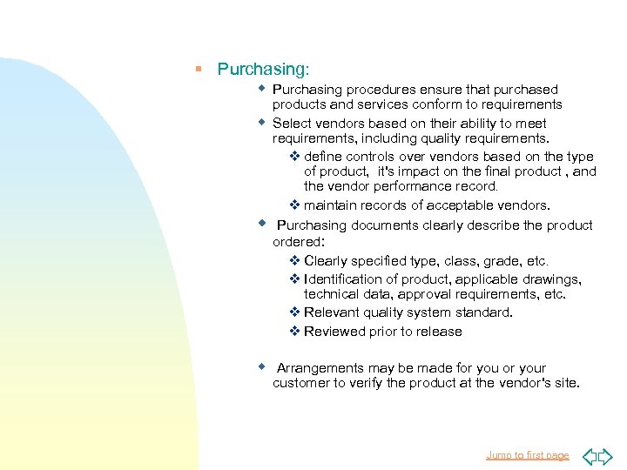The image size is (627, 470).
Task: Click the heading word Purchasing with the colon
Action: (263, 68)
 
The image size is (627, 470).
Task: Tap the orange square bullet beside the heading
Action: (199, 68)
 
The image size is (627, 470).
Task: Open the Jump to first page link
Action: (528, 455)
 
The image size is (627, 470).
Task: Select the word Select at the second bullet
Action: (292, 124)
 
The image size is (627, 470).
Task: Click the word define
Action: (324, 157)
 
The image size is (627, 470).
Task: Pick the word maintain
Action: (332, 205)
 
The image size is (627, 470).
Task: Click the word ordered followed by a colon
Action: (299, 241)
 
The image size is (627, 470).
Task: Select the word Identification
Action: (347, 279)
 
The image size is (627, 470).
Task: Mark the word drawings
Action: (549, 279)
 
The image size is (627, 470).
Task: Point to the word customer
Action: (301, 383)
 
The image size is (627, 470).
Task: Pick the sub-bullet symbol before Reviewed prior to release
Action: (294, 332)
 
